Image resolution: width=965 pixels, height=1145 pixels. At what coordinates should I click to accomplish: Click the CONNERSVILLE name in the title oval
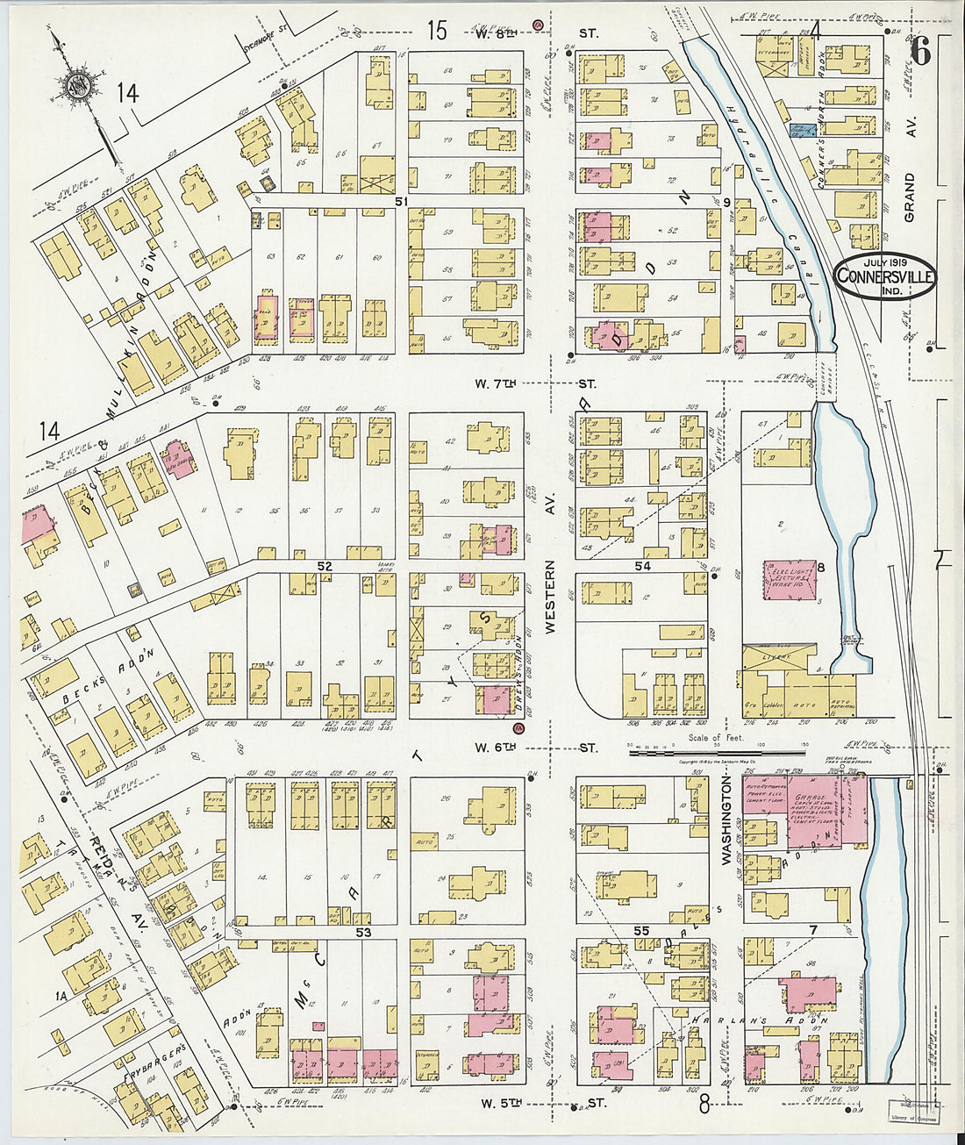885,277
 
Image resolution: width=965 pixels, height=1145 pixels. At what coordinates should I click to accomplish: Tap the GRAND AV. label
909,197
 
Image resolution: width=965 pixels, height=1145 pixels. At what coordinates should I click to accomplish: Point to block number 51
402,202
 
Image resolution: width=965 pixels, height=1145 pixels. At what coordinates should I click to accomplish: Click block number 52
324,567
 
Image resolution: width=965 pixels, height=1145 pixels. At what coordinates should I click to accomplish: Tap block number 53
363,933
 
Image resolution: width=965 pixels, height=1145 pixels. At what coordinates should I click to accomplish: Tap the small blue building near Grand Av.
799,131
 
